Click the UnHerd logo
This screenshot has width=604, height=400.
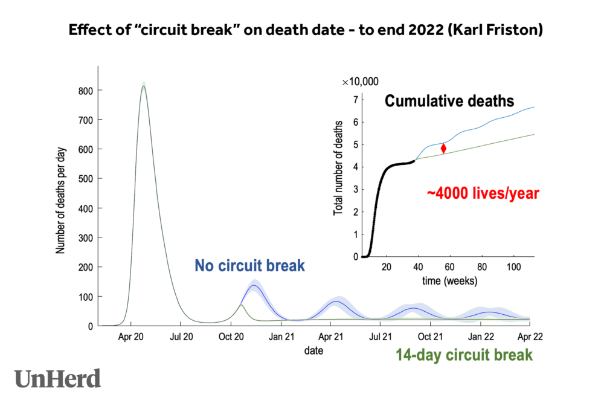point(57,378)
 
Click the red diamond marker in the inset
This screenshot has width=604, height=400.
point(443,148)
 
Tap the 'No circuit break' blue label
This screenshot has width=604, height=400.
point(249,265)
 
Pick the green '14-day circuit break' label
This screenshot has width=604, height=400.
point(464,355)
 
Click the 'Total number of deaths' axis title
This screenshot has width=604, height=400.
point(338,169)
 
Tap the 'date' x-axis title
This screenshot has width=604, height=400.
point(313,350)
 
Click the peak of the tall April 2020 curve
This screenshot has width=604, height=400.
point(143,86)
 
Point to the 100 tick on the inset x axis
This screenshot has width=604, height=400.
point(513,267)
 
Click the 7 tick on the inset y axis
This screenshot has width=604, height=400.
point(356,99)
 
